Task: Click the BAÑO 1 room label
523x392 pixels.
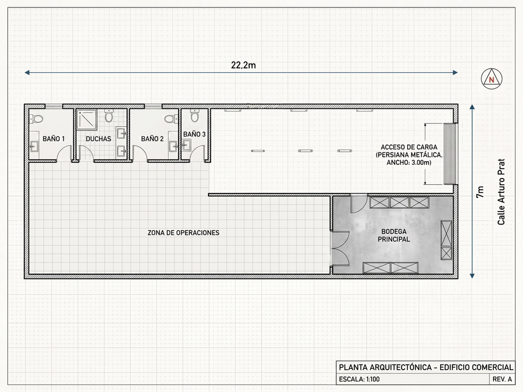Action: tap(54, 139)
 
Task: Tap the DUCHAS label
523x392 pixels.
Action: tap(98, 139)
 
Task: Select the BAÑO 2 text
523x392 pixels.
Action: tap(152, 139)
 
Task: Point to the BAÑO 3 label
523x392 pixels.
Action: tap(194, 134)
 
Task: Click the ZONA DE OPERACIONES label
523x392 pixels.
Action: tap(184, 233)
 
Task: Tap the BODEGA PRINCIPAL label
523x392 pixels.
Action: tap(393, 235)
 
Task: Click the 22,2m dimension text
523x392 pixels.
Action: tap(243, 65)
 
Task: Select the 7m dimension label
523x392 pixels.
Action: tap(479, 192)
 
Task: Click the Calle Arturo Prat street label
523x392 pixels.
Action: tap(501, 192)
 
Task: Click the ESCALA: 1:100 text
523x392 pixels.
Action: tap(359, 379)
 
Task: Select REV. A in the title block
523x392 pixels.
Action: tap(502, 379)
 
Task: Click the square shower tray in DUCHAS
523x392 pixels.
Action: tap(87, 119)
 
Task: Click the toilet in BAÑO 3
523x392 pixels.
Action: tap(194, 116)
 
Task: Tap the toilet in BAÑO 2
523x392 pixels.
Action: tap(171, 119)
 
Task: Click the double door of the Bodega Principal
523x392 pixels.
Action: tap(340, 248)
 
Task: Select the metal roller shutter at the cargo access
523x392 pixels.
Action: tap(450, 154)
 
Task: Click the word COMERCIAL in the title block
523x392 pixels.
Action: tap(492, 367)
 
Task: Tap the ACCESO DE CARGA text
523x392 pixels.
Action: tap(409, 147)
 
